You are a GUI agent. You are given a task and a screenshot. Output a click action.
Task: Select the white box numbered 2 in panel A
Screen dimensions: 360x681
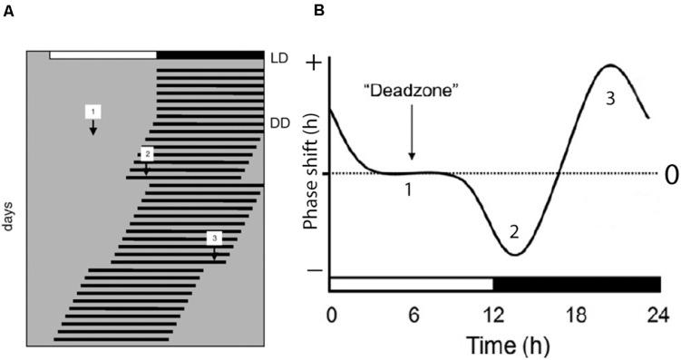click(x=148, y=153)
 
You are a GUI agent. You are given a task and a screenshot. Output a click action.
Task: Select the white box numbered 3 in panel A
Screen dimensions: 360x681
click(x=214, y=238)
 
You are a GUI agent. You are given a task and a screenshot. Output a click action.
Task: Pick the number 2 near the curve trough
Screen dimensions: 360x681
click(x=513, y=232)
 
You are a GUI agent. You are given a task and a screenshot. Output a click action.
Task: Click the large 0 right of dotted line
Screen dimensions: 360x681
click(x=671, y=175)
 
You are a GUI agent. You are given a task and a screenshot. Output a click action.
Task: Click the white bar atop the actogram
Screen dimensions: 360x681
click(x=103, y=55)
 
